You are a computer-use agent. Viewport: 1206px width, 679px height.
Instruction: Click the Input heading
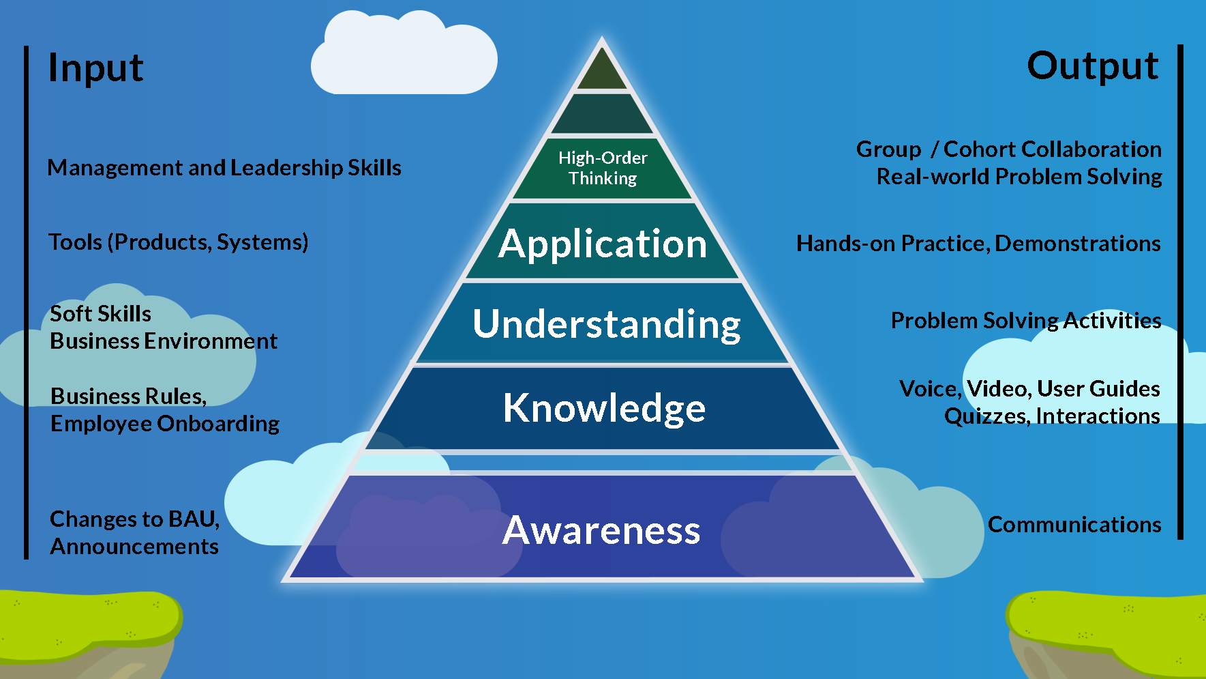pos(95,68)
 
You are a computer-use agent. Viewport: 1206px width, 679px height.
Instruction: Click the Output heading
pos(1092,66)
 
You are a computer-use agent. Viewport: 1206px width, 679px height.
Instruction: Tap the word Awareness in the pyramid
pos(601,530)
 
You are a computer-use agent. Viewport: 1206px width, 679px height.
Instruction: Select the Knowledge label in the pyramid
pos(604,408)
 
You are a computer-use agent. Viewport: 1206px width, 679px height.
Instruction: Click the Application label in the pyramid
pos(603,244)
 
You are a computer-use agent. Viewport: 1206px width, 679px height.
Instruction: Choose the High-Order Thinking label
pos(603,168)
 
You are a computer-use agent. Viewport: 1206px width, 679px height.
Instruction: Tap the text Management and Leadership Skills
pos(224,168)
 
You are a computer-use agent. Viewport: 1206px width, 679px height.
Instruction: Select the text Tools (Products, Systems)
pos(178,242)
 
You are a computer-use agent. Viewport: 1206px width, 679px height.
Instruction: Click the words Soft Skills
pos(101,314)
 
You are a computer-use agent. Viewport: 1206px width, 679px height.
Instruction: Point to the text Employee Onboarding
pos(165,424)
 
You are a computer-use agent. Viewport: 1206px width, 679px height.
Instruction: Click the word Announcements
pos(134,547)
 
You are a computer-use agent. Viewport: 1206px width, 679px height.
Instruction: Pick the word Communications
pos(1074,525)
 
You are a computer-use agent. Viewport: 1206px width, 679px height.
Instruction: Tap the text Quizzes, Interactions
pos(1052,416)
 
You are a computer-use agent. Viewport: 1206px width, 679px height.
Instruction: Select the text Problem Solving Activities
pos(1026,321)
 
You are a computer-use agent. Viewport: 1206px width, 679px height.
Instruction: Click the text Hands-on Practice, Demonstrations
pos(978,244)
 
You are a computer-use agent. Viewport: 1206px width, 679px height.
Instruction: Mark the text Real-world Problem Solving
pos(1019,177)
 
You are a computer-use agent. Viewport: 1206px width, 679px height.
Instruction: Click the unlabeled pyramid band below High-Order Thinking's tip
pos(602,115)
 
